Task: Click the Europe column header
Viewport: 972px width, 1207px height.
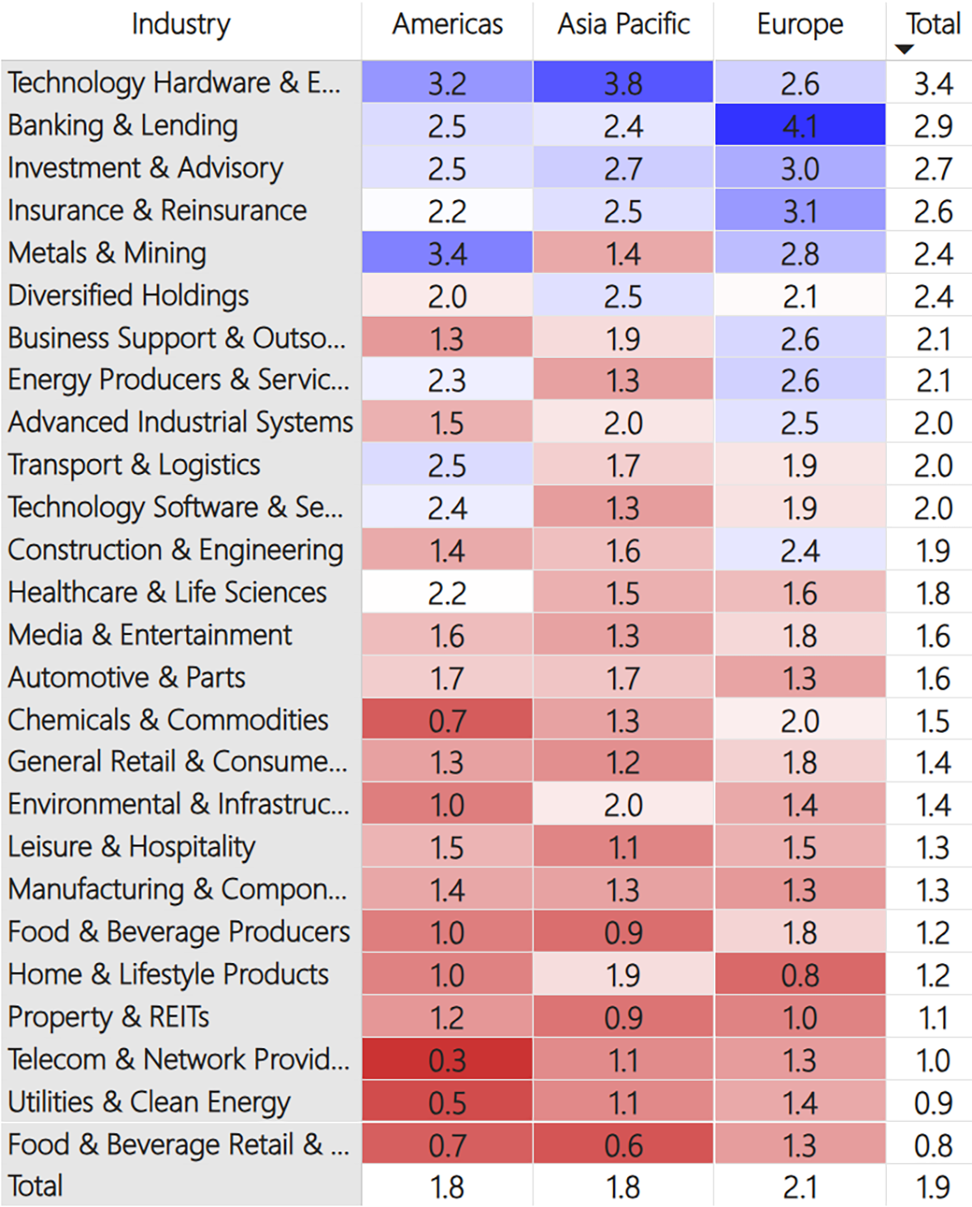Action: tap(799, 24)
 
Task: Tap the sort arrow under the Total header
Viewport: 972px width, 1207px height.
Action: tap(904, 49)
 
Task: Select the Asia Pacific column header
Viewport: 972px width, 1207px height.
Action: tap(623, 24)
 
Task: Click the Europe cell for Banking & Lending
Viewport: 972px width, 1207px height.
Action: tap(800, 125)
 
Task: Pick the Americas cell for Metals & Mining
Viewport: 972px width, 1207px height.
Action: tap(447, 253)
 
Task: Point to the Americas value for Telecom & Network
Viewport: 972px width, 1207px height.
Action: tap(447, 1060)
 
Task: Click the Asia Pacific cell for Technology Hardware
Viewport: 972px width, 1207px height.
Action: tap(623, 82)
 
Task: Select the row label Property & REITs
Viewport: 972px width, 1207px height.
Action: tap(109, 1017)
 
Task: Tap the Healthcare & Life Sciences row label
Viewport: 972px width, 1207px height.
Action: tap(167, 592)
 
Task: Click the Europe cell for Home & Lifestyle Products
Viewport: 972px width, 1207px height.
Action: tap(800, 975)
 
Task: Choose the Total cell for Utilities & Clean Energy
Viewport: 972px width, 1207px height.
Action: tap(933, 1103)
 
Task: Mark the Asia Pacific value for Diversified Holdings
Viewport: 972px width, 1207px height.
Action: tap(623, 295)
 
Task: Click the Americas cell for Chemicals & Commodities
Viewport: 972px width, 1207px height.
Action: tap(447, 719)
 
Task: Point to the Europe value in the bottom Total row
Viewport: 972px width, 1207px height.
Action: tap(800, 1187)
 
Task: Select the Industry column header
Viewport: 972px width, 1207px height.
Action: tap(181, 24)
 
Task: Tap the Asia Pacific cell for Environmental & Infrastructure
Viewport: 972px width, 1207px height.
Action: tap(623, 804)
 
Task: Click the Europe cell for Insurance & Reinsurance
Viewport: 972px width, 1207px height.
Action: tap(800, 210)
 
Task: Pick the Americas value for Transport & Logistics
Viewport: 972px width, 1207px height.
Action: tap(447, 464)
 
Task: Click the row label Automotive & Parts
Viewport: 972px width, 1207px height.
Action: tap(126, 677)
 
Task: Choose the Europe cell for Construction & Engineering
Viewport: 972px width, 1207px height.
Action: tap(800, 550)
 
